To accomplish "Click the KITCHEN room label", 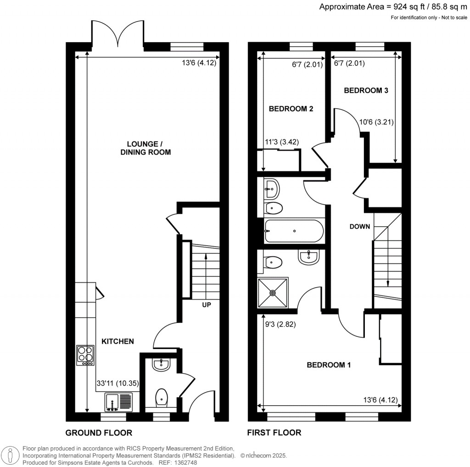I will tap(117, 341).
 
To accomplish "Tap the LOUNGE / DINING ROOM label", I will tap(143, 148).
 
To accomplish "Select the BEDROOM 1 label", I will tap(329, 365).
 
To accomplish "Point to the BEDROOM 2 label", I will tap(291, 109).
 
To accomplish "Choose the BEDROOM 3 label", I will tap(366, 91).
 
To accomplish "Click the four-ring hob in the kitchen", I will tap(85, 355).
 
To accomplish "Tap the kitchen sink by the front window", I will tap(117, 402).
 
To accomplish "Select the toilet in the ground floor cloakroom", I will tap(162, 398).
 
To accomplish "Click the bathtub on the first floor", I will tap(294, 231).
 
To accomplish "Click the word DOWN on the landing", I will tap(360, 227).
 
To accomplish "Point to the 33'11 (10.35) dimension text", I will tap(117, 383).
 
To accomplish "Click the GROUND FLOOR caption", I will tap(99, 433).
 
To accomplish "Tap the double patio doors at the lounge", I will tap(118, 33).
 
